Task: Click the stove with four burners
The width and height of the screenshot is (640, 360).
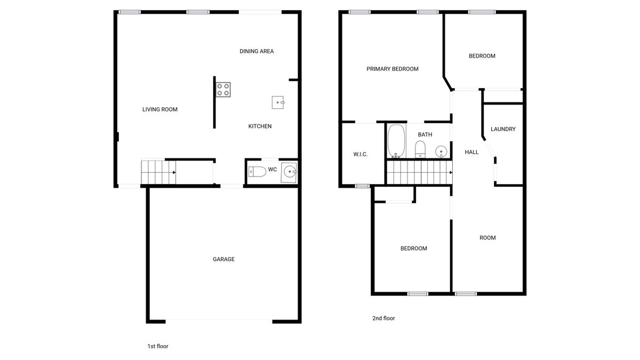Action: point(223,90)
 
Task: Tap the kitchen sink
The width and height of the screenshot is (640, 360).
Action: point(278,102)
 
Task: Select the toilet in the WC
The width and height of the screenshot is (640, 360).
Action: point(257,172)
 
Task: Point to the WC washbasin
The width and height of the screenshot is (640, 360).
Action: point(289,172)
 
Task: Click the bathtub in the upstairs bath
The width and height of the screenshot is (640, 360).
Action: point(396,141)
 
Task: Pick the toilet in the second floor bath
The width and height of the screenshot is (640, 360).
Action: point(420,149)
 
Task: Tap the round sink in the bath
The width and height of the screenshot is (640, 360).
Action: point(441,151)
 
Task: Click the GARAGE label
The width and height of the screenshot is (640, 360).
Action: point(223,259)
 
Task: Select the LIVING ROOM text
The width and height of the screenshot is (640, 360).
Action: point(159,109)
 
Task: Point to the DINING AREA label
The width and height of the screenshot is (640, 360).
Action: point(257,51)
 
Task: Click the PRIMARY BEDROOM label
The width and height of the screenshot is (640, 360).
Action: point(393,69)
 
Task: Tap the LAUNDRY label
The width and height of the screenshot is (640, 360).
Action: point(503,129)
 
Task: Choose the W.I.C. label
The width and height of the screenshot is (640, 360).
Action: point(361,154)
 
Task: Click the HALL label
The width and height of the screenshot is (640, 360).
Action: point(471,152)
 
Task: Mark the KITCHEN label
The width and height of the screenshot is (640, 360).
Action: point(260,126)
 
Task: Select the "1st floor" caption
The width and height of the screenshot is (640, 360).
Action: point(158,346)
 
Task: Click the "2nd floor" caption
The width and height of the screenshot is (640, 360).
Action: point(383,318)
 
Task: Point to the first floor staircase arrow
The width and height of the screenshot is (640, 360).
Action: point(159,172)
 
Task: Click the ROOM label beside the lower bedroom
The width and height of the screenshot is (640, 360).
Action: point(487,238)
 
